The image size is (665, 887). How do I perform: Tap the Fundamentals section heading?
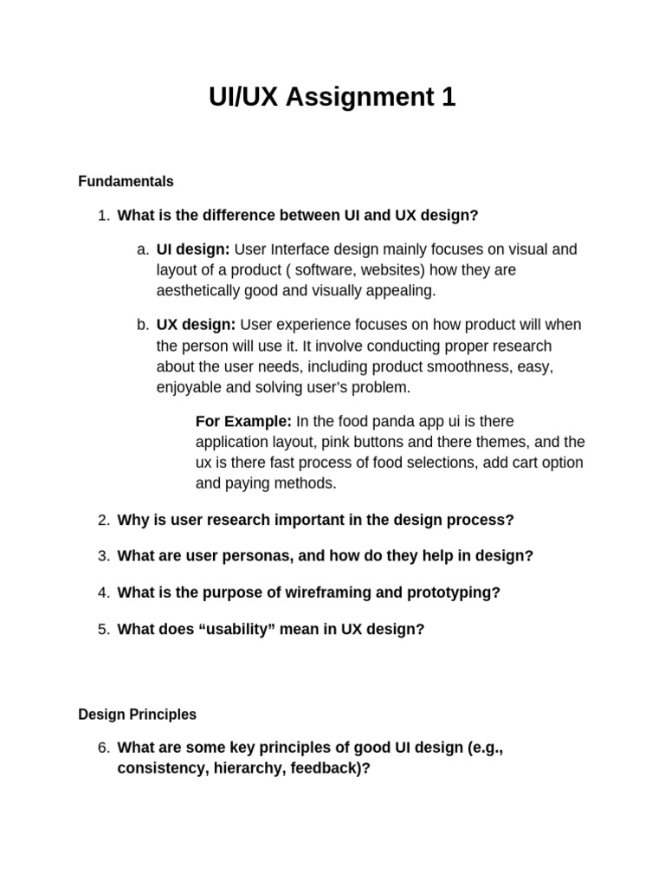tap(126, 182)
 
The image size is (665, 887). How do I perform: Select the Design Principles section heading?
tap(137, 715)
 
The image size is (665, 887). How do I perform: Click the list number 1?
tap(103, 216)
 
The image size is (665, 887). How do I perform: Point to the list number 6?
tap(103, 748)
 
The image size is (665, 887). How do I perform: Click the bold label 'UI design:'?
tap(193, 249)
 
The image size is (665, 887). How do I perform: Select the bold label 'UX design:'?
tap(196, 325)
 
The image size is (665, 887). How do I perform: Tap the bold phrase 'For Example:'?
tap(243, 422)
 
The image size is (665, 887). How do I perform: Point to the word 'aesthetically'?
tap(199, 291)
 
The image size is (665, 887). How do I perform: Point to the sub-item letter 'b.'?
tap(143, 325)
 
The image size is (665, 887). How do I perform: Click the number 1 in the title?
tap(448, 98)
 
